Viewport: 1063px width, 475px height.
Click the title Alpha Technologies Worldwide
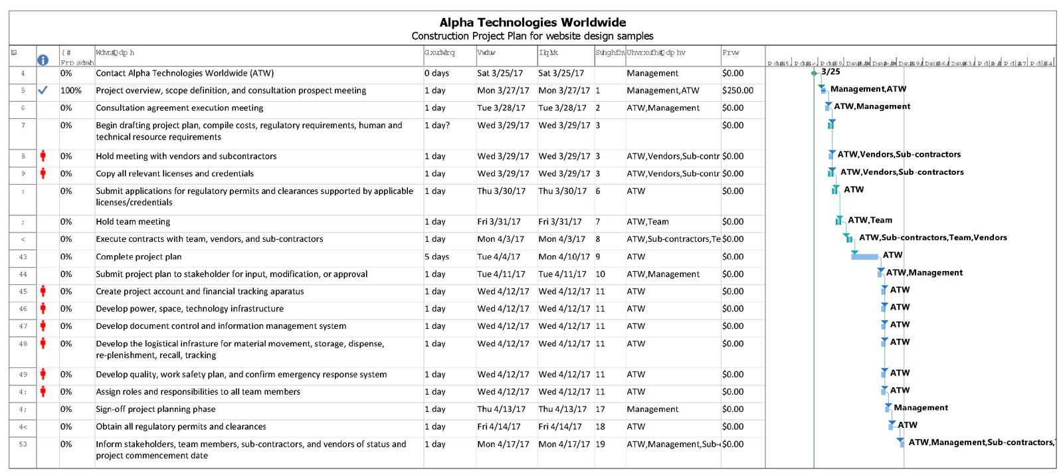(x=532, y=23)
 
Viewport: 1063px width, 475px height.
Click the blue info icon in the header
(x=43, y=60)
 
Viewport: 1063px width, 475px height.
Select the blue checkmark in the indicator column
(x=43, y=90)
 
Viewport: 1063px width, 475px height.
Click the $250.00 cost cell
(x=737, y=90)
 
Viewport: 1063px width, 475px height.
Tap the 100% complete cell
(x=70, y=90)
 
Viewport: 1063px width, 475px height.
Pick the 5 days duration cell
(x=436, y=256)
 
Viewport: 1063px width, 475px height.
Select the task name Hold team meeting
(x=133, y=222)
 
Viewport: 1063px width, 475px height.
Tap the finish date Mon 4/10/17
(x=564, y=256)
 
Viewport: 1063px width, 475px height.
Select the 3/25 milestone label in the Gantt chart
(x=830, y=72)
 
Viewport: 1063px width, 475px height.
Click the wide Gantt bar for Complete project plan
(x=864, y=256)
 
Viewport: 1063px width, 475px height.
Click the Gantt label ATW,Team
(x=870, y=220)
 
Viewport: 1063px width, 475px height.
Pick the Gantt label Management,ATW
(x=868, y=89)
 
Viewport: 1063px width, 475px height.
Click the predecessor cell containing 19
(x=600, y=444)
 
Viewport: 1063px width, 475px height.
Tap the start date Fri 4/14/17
(x=498, y=427)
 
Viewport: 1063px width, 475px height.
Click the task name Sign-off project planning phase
(x=155, y=409)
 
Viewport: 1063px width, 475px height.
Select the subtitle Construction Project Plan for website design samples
(x=532, y=36)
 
